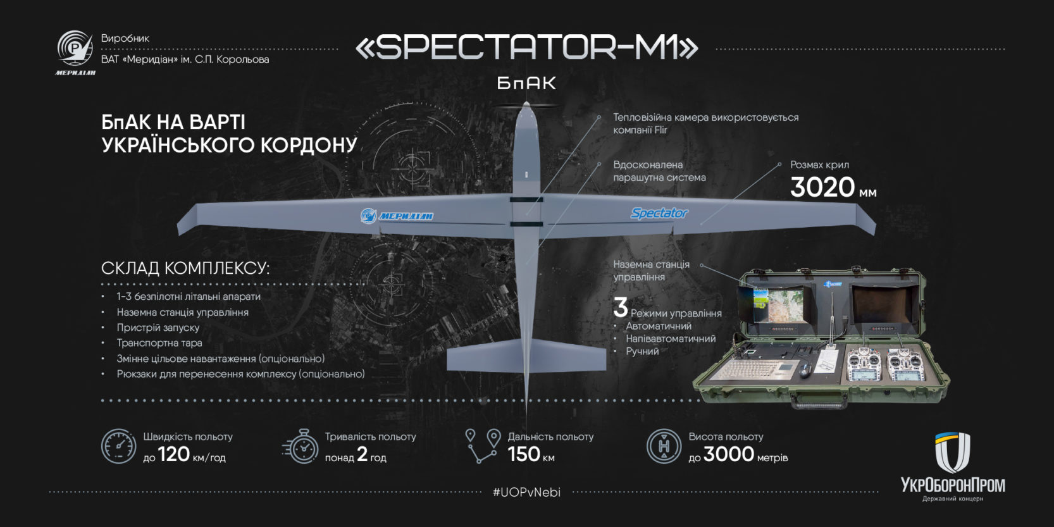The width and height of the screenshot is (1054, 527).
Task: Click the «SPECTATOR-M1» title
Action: (x=526, y=48)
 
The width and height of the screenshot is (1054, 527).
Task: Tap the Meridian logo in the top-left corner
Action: (x=75, y=53)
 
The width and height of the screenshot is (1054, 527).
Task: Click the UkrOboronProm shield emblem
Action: (x=952, y=452)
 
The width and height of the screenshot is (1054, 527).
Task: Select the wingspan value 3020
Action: (x=822, y=187)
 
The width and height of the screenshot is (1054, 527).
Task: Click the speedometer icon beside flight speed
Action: (x=118, y=446)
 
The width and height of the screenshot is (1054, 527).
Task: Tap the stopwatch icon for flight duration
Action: (x=301, y=446)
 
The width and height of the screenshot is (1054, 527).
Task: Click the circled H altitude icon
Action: (x=664, y=446)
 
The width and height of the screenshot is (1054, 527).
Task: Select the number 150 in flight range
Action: (x=524, y=454)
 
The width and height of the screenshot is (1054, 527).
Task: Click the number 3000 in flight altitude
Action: (x=729, y=454)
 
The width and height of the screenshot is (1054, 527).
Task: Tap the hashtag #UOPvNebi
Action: (x=526, y=492)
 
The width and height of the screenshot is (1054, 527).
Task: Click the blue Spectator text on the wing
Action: (x=659, y=213)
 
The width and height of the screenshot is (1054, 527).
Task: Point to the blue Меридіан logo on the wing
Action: (x=397, y=216)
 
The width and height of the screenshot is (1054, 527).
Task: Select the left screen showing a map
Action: (x=778, y=305)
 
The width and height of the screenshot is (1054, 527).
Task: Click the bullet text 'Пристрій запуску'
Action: (x=158, y=328)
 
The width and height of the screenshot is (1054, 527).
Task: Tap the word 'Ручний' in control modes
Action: (x=642, y=352)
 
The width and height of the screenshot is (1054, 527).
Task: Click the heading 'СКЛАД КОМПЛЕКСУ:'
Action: (x=185, y=268)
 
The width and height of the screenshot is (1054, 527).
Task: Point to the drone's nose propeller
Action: (x=526, y=105)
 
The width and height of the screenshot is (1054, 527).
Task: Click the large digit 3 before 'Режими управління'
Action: (x=621, y=307)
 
